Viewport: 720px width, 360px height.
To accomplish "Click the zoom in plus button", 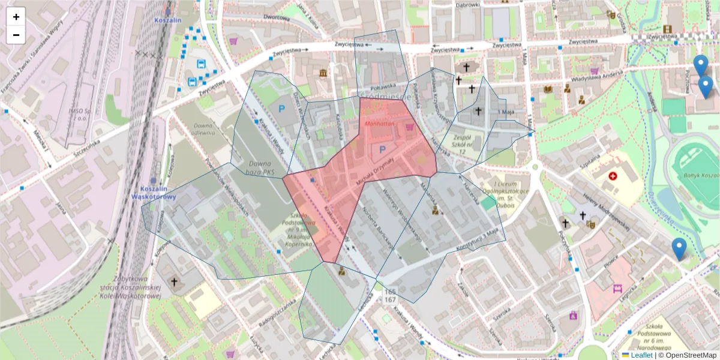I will point(16,17).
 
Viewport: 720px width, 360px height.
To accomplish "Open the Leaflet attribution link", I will point(641,355).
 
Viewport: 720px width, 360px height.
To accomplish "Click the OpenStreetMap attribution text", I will point(692,355).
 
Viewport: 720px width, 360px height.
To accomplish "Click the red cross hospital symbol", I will point(613,176).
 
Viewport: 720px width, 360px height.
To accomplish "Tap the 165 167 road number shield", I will point(390,295).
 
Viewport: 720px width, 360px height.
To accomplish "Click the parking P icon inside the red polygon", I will point(382,150).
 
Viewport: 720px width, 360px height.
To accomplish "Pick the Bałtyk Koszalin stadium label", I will point(701,175).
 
